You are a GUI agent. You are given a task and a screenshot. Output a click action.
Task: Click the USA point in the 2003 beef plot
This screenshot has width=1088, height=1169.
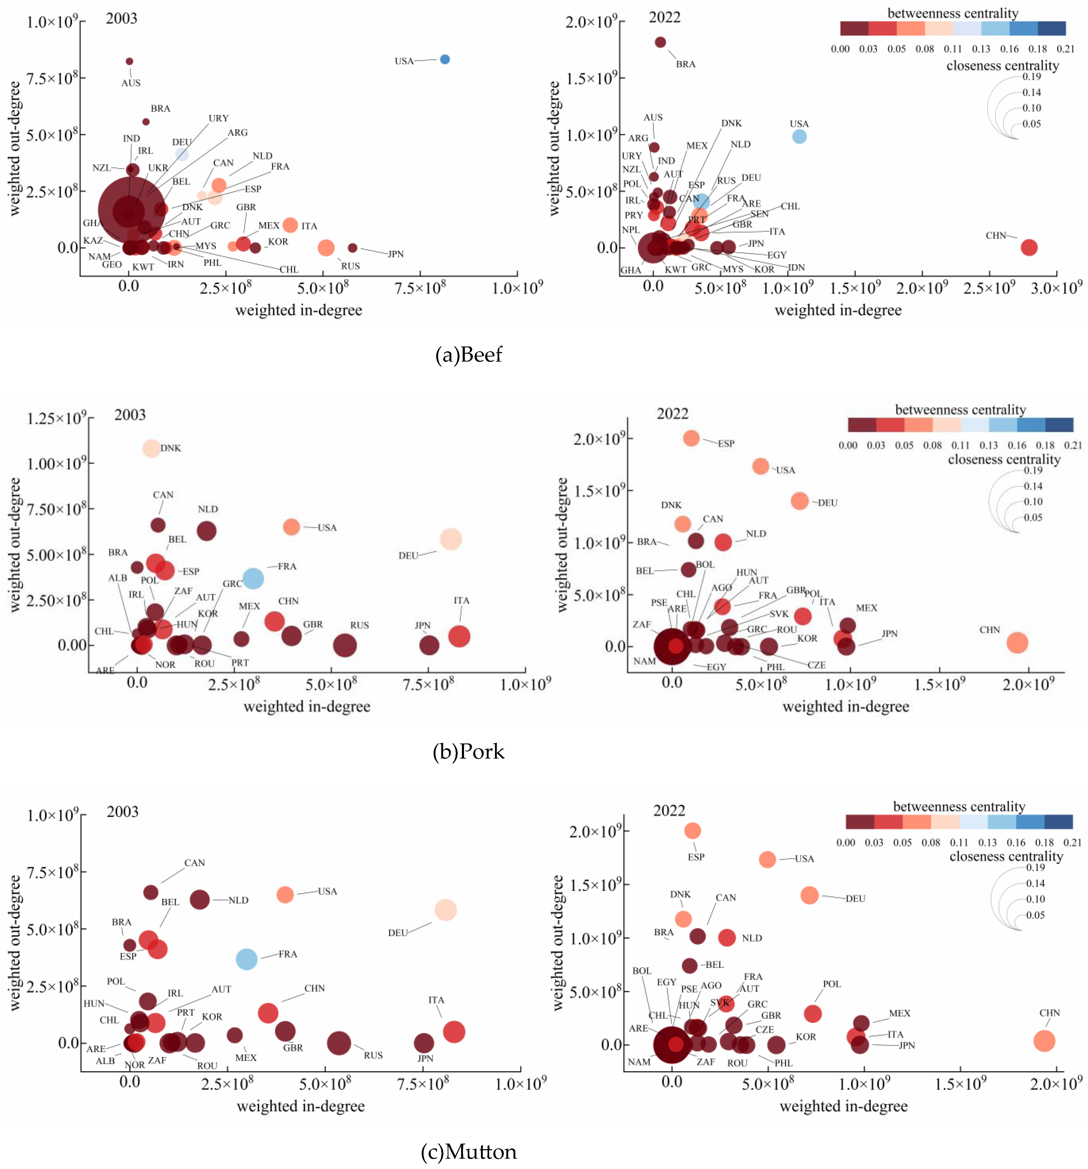445,59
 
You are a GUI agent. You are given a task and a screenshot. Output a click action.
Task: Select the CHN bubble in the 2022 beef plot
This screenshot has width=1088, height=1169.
1029,248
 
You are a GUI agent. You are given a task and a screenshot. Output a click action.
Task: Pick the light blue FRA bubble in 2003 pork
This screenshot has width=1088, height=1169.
253,579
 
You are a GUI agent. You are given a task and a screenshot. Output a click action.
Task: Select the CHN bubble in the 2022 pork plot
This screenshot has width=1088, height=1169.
1017,643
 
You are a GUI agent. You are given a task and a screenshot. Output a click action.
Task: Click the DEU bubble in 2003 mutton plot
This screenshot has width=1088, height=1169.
445,910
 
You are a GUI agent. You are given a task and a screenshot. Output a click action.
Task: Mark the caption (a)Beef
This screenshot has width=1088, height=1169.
469,355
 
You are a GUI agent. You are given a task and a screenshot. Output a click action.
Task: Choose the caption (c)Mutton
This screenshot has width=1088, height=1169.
469,1151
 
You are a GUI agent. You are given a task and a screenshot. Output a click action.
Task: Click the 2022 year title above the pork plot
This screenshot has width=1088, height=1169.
672,413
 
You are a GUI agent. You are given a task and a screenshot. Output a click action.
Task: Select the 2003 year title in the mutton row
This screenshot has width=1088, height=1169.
122,811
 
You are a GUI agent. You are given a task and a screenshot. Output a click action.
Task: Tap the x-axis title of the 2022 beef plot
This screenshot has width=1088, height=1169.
838,311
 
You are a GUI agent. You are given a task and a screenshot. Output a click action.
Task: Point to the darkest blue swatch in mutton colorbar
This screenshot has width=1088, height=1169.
1058,821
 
